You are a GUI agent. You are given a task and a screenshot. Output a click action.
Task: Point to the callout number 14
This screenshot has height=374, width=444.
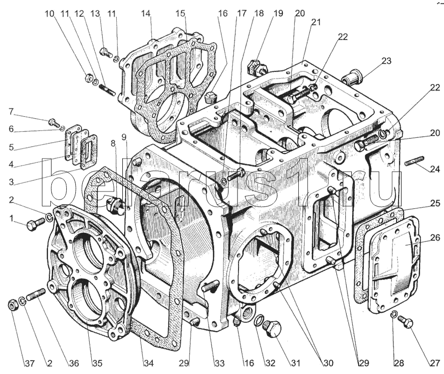point(146,14)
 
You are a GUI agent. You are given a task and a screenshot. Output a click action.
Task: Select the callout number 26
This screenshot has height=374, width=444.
point(435,238)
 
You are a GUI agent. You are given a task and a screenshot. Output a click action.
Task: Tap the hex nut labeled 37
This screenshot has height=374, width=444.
point(13,305)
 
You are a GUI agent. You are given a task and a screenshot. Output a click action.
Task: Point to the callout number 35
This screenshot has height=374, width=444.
point(88,363)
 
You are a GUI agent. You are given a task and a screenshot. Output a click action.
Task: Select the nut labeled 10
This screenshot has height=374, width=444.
point(89,77)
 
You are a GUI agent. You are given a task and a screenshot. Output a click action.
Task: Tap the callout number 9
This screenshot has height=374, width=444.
point(124,136)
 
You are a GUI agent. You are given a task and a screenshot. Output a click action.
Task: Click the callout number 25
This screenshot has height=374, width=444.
point(435,203)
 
